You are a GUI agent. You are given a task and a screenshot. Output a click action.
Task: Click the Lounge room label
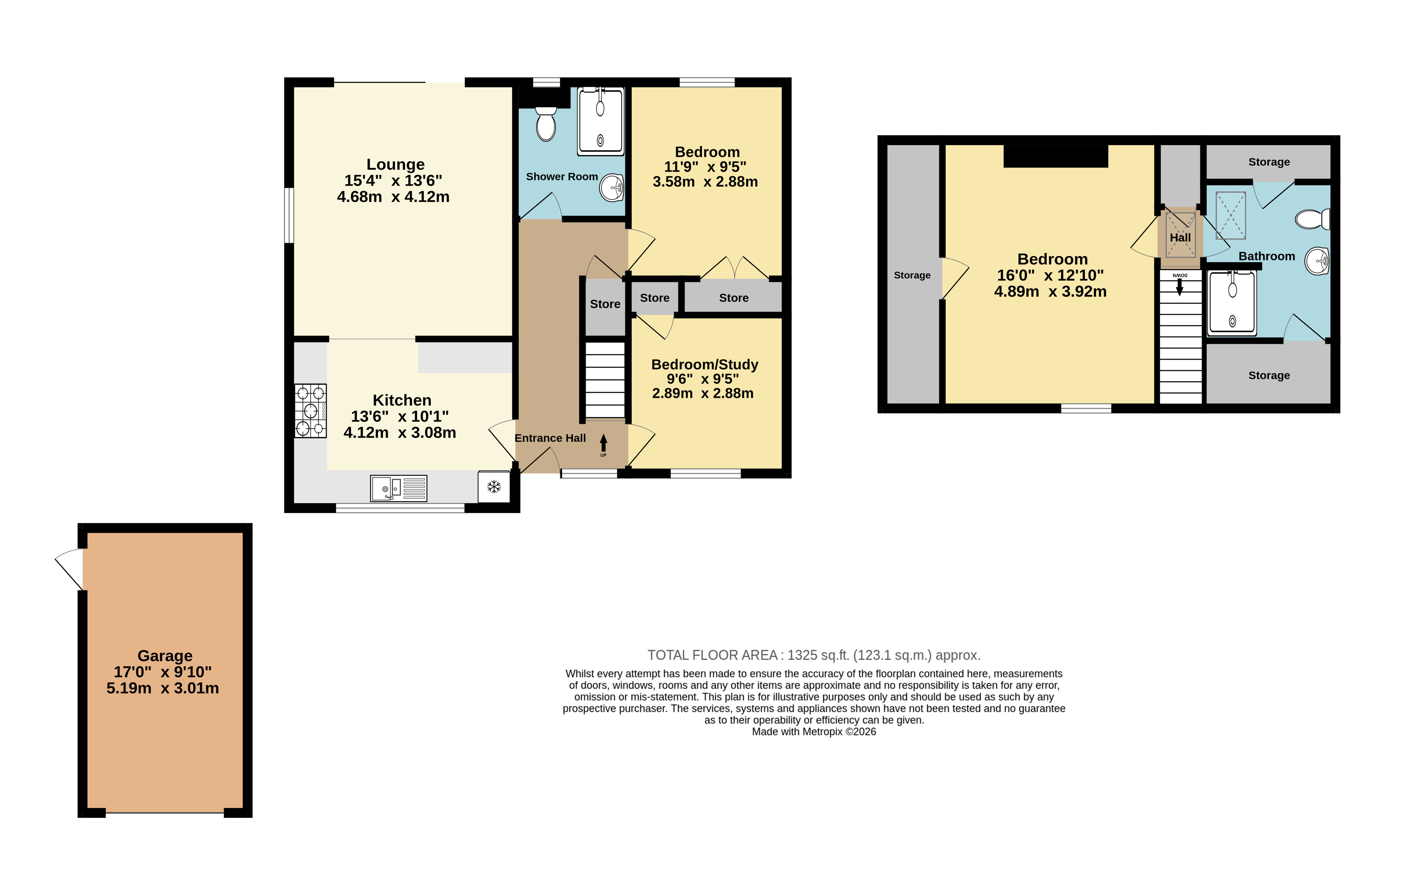tap(395, 164)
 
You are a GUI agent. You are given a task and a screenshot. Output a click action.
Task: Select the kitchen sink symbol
tap(398, 488)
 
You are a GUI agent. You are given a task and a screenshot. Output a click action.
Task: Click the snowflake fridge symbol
tap(493, 487)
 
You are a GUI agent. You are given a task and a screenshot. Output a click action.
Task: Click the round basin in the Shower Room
tap(611, 188)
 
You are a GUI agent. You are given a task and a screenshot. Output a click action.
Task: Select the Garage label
tap(165, 656)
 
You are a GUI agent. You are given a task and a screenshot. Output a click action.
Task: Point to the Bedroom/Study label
tap(704, 364)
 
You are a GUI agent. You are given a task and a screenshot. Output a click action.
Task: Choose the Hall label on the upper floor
tap(1180, 237)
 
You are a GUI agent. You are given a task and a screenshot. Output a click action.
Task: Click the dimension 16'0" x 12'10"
tap(1050, 275)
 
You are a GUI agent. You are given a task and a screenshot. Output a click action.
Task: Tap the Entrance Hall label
tap(550, 438)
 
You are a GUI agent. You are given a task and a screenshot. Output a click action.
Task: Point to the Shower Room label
tap(562, 177)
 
